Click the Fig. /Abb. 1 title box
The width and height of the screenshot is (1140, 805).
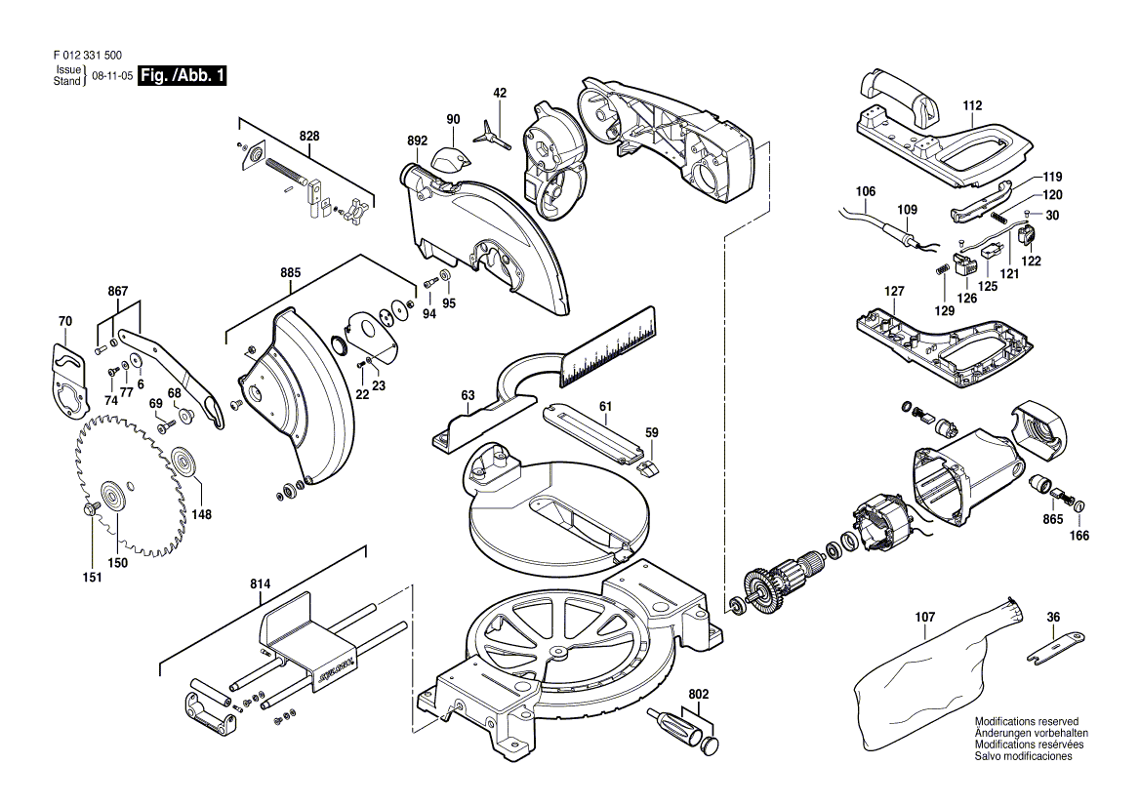[182, 75]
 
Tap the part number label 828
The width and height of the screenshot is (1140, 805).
[309, 136]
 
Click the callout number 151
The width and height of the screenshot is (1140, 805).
[93, 577]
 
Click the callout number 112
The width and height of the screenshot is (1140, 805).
[972, 105]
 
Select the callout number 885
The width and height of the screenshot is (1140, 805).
[290, 273]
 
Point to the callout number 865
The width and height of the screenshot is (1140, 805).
[1053, 519]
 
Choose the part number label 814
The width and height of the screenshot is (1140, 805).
[261, 584]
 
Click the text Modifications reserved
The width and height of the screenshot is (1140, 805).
[1027, 721]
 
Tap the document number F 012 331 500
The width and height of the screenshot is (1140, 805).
[88, 56]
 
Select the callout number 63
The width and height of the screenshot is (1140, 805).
[468, 395]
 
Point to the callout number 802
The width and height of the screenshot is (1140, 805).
[698, 695]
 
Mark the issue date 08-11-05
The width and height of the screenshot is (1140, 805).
[112, 75]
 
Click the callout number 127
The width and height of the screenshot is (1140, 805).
[894, 291]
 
